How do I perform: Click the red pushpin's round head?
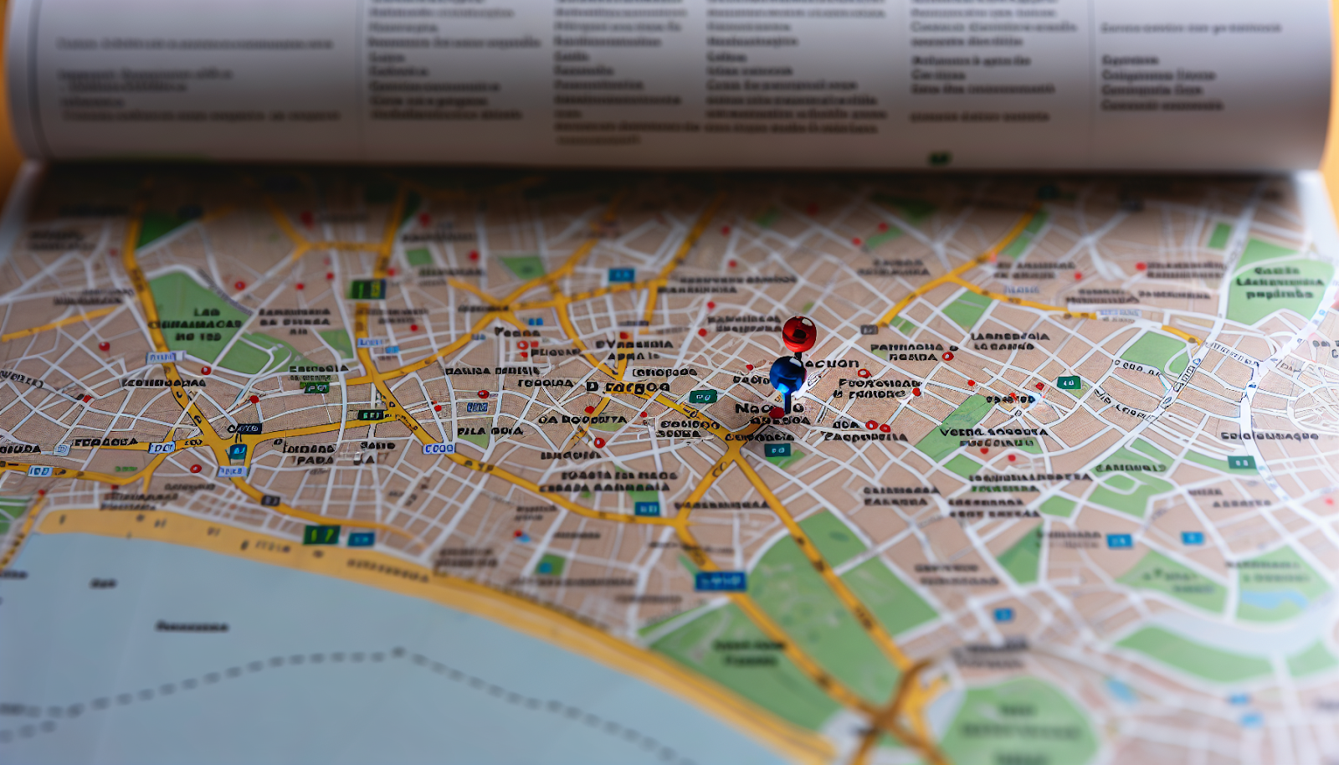[x=799, y=333]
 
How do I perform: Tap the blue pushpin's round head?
[x=787, y=372]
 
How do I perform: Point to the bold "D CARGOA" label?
[x=628, y=387]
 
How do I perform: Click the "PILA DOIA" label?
[x=490, y=431]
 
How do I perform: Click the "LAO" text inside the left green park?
[x=206, y=311]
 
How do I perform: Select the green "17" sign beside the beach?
[x=321, y=534]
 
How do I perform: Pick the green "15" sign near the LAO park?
[x=367, y=290]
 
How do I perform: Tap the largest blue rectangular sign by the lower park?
[x=720, y=580]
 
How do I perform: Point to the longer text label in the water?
[x=192, y=626]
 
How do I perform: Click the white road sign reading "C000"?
[x=439, y=449]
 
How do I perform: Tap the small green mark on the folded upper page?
[x=940, y=157]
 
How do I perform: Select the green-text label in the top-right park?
[x=1278, y=282]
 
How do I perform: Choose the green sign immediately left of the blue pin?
[x=702, y=397]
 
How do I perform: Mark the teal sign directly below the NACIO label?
[x=777, y=450]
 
